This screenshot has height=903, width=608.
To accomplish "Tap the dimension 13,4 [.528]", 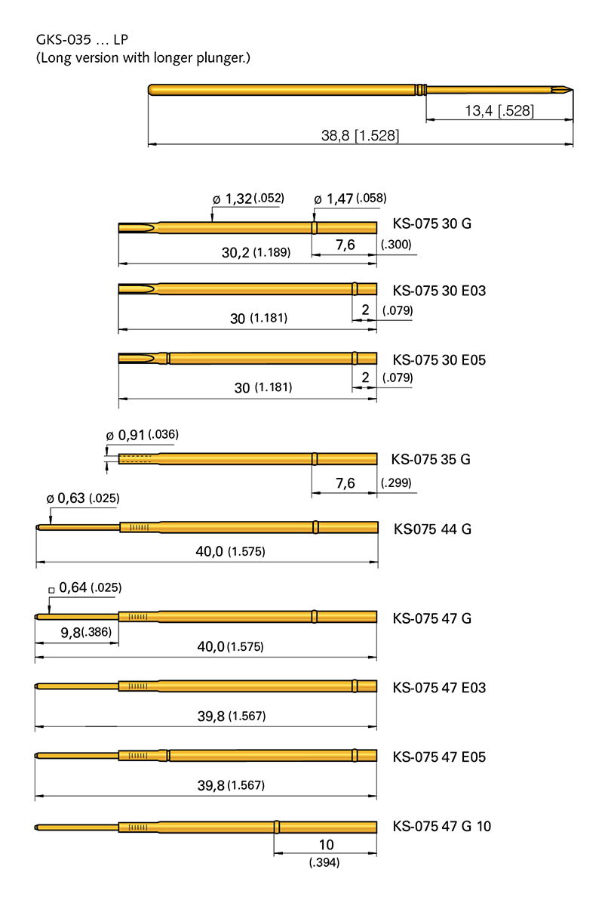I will (x=499, y=111).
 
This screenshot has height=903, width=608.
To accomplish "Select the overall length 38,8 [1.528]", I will (x=361, y=136).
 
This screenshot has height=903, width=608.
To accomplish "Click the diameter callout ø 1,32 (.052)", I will (x=248, y=199).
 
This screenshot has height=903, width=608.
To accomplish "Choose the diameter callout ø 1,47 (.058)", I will (x=350, y=199).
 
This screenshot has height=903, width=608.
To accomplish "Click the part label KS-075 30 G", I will (x=432, y=224).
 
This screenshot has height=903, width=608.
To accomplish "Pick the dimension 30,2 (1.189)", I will (x=256, y=252).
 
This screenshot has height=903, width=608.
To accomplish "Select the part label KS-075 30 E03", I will (x=439, y=291).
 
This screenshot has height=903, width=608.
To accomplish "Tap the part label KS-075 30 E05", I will (x=439, y=360).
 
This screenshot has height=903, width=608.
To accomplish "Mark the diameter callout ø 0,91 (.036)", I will (x=142, y=435).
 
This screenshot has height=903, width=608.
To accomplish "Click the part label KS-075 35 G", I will (x=431, y=459).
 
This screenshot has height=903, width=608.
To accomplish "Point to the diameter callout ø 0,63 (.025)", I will (x=83, y=498).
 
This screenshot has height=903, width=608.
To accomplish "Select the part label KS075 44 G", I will (x=432, y=529).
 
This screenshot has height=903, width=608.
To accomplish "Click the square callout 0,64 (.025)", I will (x=84, y=587).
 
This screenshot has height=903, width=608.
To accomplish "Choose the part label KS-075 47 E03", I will (x=439, y=688).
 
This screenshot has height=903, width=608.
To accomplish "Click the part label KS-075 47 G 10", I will (x=441, y=827).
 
